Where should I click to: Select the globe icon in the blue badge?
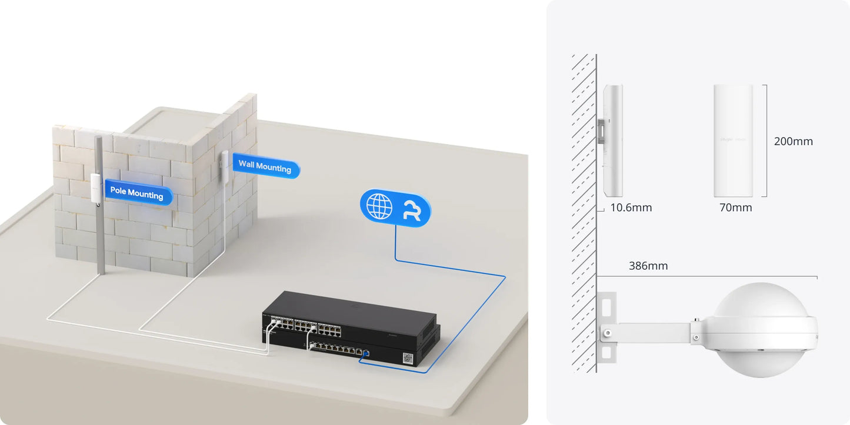(x=379, y=205)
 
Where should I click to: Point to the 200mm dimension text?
(x=793, y=142)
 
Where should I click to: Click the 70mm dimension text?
(x=735, y=208)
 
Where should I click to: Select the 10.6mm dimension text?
(x=631, y=208)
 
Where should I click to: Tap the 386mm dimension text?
(x=648, y=266)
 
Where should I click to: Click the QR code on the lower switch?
(x=408, y=357)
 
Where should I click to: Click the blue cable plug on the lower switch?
(x=365, y=353)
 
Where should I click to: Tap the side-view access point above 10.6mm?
(x=613, y=140)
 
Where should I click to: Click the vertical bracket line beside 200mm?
(x=765, y=140)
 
